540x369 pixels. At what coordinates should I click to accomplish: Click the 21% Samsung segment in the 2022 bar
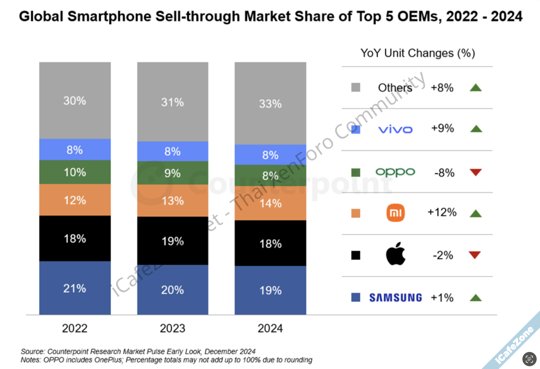(75, 288)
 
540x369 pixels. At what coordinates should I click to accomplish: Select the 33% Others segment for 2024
(270, 103)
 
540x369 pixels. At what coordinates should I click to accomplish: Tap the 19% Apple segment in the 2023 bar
(173, 241)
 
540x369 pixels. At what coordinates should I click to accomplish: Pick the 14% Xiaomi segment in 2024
(270, 203)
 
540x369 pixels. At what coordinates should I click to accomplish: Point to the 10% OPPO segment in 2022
(75, 172)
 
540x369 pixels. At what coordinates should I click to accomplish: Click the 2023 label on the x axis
(173, 328)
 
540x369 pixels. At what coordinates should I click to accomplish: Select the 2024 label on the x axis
(270, 328)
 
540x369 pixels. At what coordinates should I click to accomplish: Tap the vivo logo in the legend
(395, 129)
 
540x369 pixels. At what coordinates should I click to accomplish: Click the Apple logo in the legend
(395, 254)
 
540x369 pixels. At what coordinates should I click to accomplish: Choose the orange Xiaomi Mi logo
(395, 213)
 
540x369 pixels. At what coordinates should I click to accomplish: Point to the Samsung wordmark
(395, 298)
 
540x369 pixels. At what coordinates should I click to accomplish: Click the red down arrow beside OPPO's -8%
(476, 172)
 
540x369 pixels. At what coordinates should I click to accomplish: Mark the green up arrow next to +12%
(476, 213)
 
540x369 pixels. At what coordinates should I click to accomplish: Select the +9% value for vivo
(442, 128)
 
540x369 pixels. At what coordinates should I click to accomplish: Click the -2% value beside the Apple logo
(443, 255)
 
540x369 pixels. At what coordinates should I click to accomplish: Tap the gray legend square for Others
(356, 87)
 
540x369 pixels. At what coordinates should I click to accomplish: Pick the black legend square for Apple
(356, 255)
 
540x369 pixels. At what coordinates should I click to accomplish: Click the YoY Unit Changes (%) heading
(418, 53)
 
